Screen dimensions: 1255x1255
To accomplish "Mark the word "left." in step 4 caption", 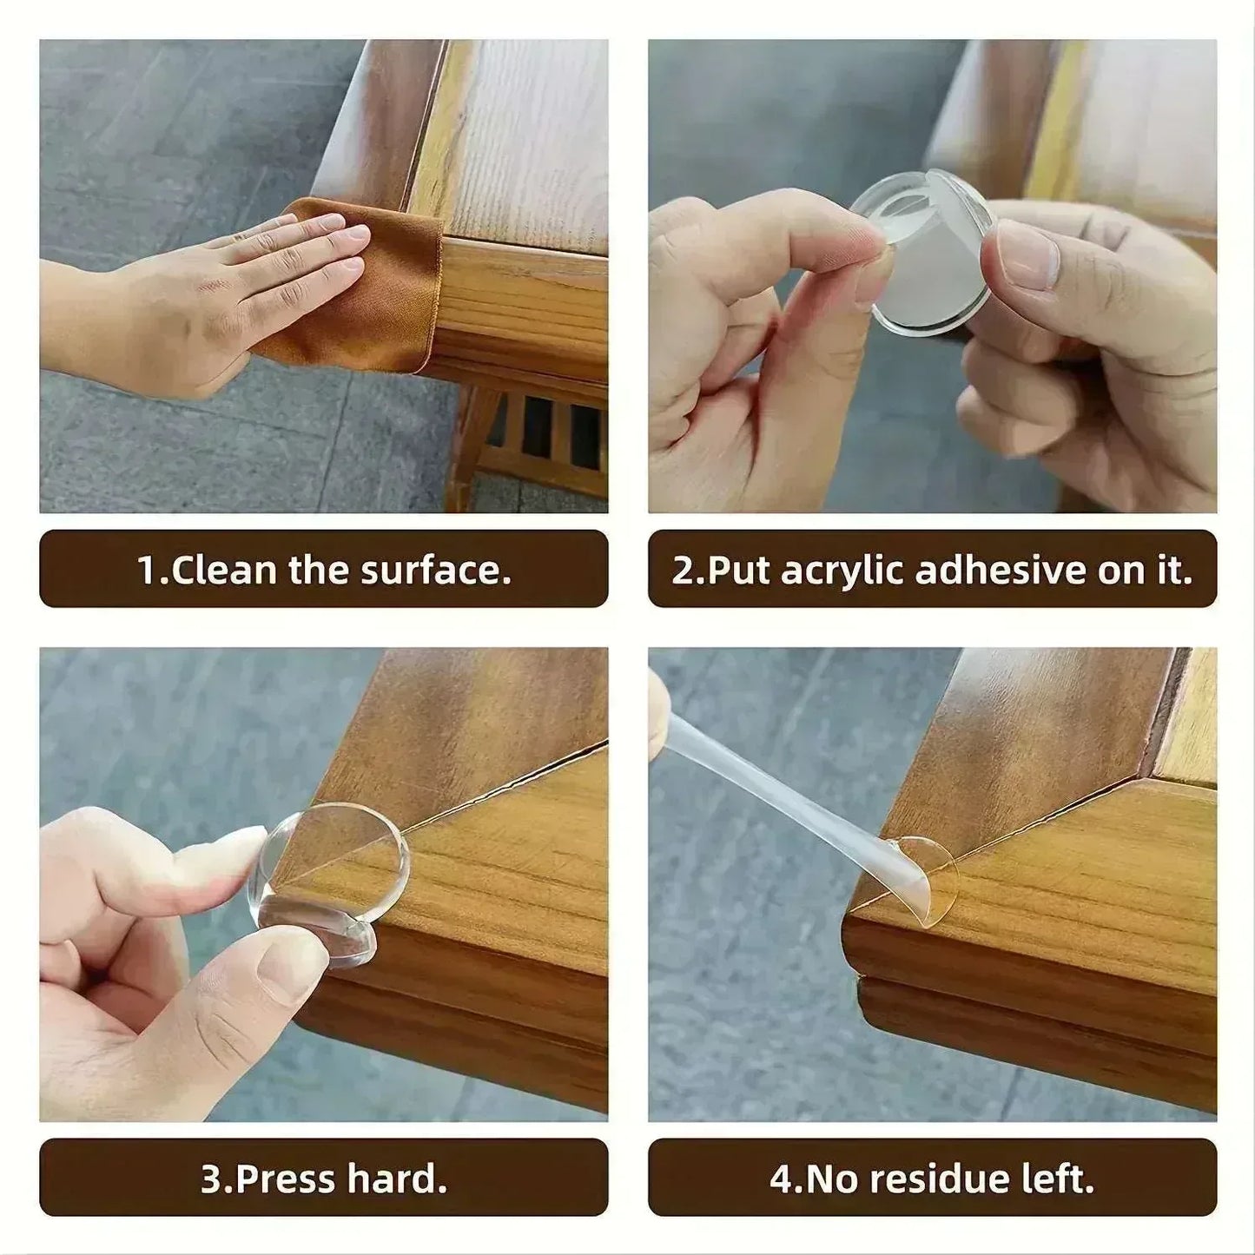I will tap(1059, 1179).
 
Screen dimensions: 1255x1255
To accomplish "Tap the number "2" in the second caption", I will tap(682, 571).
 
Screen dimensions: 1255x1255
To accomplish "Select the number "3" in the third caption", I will tap(210, 1179).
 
